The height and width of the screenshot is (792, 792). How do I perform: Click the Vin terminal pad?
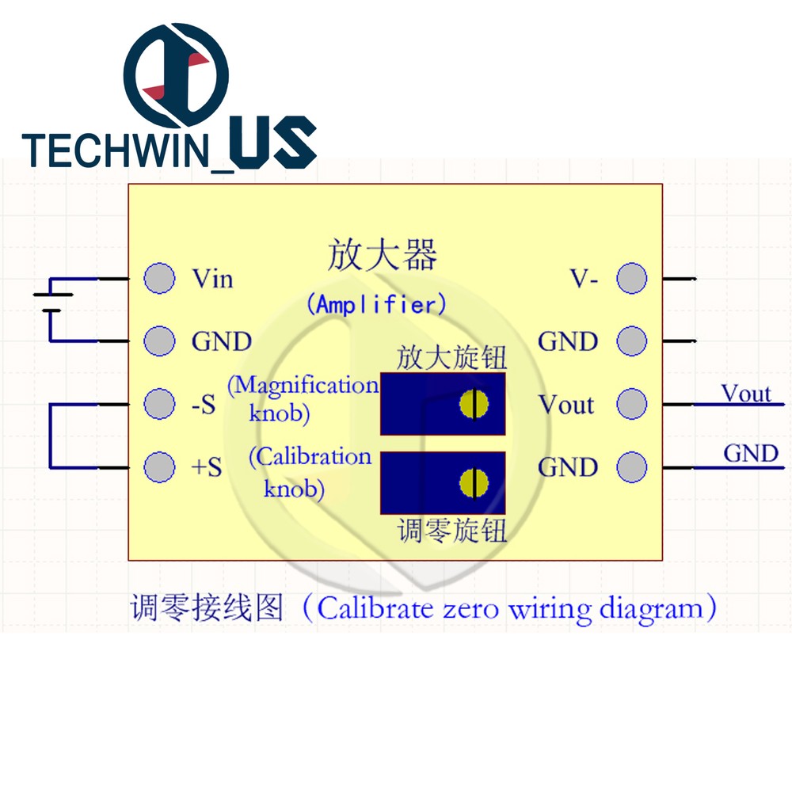point(159,278)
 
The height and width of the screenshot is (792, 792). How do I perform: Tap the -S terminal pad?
point(159,403)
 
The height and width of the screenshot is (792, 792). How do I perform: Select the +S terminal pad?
point(159,466)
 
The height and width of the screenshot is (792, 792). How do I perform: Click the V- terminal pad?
point(631,278)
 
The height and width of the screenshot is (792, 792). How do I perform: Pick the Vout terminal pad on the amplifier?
point(631,403)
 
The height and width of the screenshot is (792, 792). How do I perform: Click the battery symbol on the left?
point(52,301)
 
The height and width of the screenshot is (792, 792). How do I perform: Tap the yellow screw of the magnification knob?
point(474,404)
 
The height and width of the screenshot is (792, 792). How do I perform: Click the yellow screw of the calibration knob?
point(474,482)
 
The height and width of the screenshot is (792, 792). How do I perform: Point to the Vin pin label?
point(212,279)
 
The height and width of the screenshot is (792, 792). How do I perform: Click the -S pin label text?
point(204,405)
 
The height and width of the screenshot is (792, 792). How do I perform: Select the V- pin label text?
point(584,279)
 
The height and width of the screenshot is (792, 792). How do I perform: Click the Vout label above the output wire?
point(745,393)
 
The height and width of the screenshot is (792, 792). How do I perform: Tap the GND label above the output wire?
point(750,454)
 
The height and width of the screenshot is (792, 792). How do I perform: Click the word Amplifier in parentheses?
point(376,304)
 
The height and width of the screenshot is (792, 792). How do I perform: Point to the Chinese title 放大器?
point(382,256)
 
